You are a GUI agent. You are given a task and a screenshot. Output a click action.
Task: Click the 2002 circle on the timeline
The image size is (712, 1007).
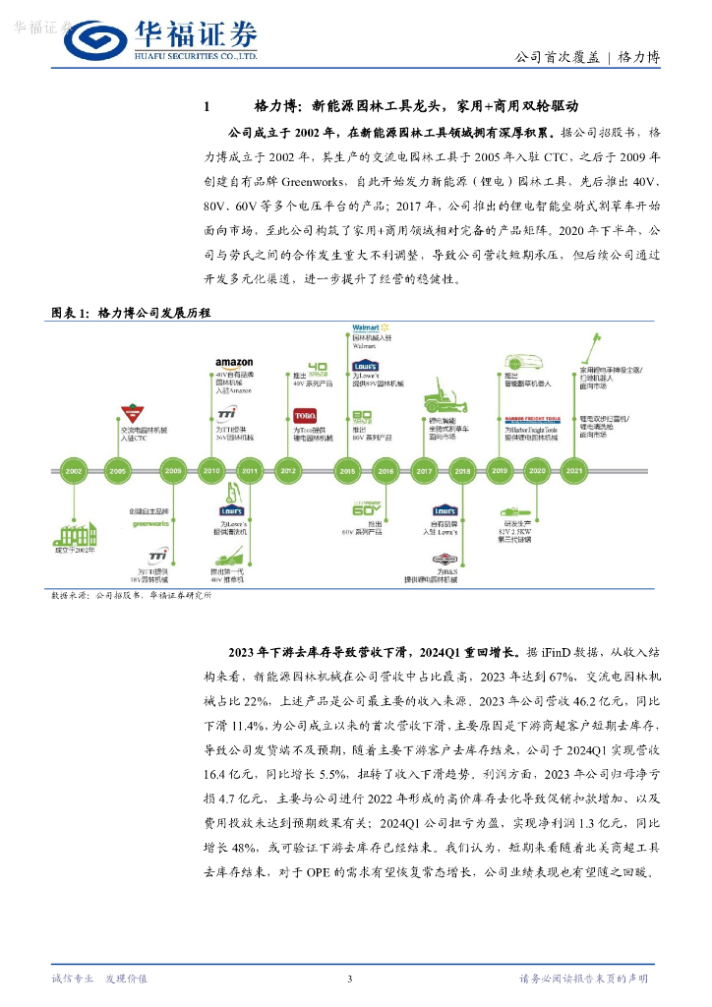tap(74, 471)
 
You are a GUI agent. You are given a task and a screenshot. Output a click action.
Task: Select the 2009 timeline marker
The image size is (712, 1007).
tap(174, 471)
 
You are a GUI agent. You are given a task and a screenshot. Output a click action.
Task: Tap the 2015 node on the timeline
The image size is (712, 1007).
tap(347, 471)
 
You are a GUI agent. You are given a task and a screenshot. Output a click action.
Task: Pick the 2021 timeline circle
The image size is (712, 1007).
tap(573, 471)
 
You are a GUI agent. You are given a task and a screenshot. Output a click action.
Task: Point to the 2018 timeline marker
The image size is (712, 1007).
tap(462, 471)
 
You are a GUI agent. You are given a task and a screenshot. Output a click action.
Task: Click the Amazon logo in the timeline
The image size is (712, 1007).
tap(234, 363)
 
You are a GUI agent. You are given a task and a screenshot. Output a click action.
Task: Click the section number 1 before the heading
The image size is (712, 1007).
tap(207, 106)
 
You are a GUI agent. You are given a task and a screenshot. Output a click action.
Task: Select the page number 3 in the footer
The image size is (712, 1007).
tap(349, 978)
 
